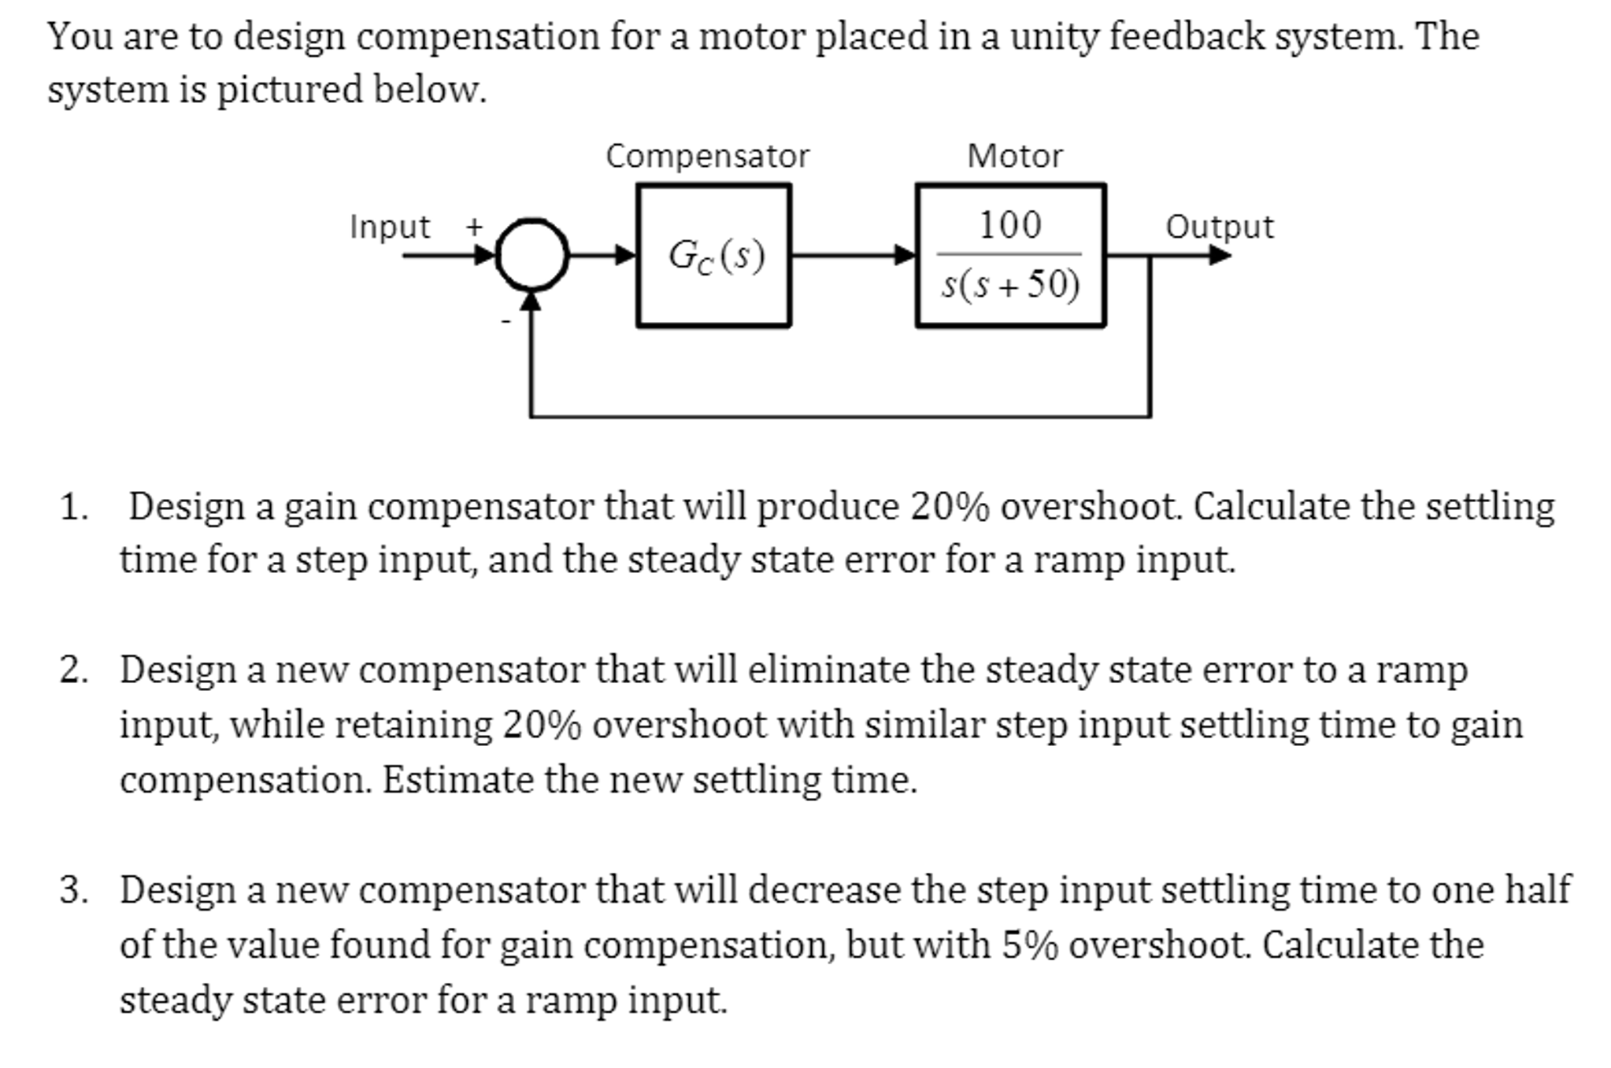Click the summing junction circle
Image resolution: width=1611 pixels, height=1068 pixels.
point(531,255)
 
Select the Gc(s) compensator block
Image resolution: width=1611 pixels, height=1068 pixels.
point(713,255)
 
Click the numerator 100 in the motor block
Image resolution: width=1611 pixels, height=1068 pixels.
point(1009,226)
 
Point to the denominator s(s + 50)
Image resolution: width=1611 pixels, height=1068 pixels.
point(1011,285)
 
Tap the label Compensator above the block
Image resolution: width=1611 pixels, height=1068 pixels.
point(706,156)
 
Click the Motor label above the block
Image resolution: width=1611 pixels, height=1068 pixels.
point(1014,156)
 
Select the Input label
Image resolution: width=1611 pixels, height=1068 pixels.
point(390,227)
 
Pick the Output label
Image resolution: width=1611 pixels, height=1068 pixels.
point(1219,227)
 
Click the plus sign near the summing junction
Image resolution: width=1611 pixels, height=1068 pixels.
point(473,227)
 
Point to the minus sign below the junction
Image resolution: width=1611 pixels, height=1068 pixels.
point(506,321)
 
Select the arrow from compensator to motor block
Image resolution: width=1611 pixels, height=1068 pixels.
point(854,255)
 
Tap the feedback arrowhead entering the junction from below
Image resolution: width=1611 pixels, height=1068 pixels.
point(531,302)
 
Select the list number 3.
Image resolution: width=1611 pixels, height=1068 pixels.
point(73,891)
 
